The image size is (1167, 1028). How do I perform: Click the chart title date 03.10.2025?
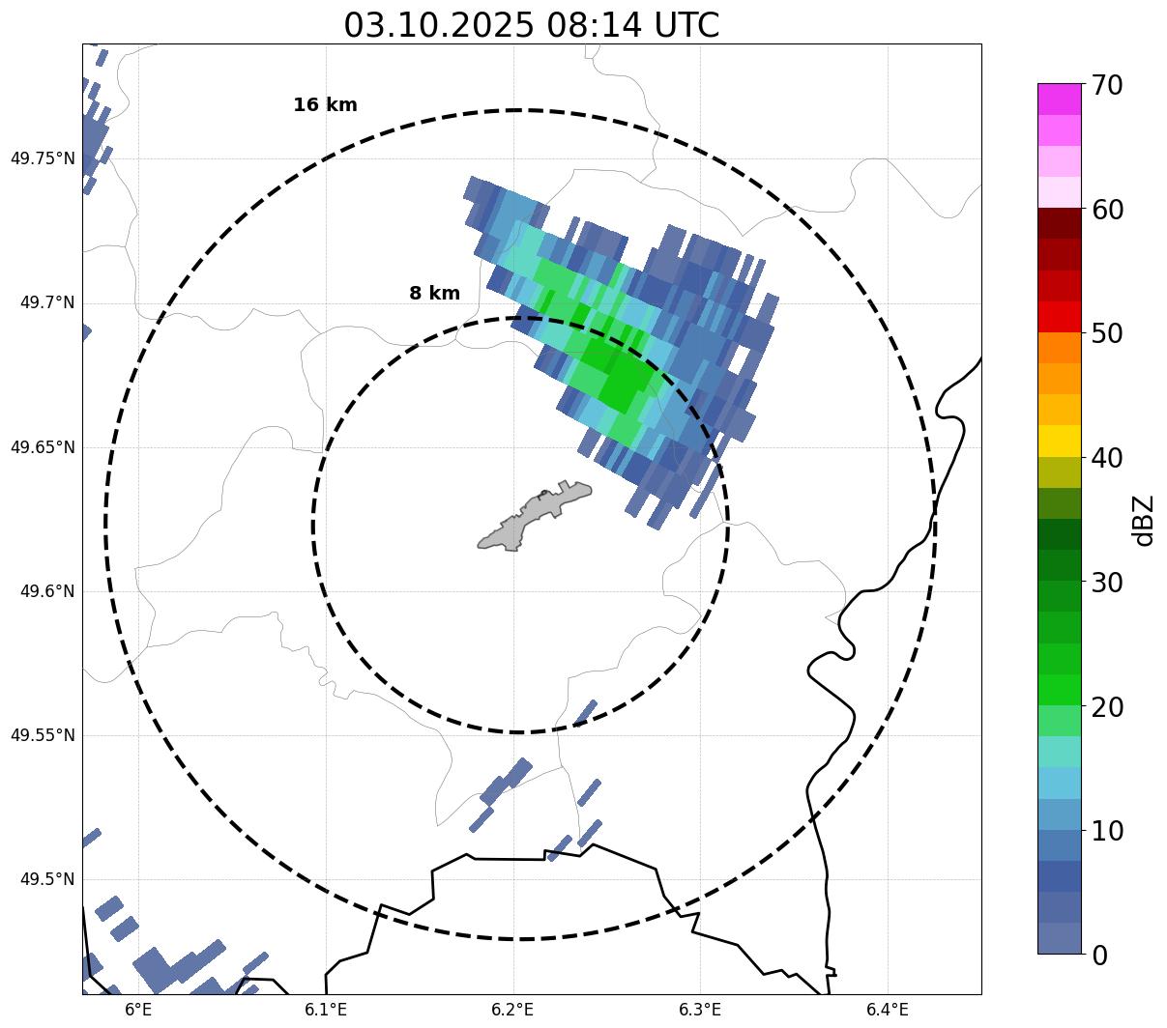pyautogui.click(x=438, y=25)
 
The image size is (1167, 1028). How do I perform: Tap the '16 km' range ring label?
pyautogui.click(x=325, y=105)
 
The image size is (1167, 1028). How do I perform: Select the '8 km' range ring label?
pyautogui.click(x=434, y=294)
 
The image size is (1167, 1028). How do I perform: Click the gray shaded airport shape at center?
pyautogui.click(x=534, y=517)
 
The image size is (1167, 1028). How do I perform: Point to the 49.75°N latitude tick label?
pyautogui.click(x=43, y=158)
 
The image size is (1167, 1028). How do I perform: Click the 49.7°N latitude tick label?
pyautogui.click(x=47, y=303)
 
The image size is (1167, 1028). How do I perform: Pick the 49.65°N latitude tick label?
pyautogui.click(x=43, y=447)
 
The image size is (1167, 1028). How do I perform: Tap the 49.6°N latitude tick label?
pyautogui.click(x=47, y=591)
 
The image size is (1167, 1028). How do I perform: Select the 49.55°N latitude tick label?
pyautogui.click(x=43, y=735)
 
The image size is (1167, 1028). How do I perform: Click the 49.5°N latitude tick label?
pyautogui.click(x=47, y=879)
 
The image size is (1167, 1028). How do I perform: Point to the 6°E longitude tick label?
pyautogui.click(x=139, y=1010)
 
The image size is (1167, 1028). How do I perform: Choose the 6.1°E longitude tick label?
pyautogui.click(x=326, y=1010)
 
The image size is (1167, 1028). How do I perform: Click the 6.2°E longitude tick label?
pyautogui.click(x=512, y=1010)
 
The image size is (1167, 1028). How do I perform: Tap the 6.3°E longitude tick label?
pyautogui.click(x=700, y=1010)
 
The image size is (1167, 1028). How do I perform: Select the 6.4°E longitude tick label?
pyautogui.click(x=887, y=1010)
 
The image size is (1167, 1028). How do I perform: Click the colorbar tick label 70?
pyautogui.click(x=1106, y=85)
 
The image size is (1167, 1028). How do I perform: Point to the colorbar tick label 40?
pyautogui.click(x=1106, y=458)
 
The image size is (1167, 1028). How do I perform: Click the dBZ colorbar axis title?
pyautogui.click(x=1144, y=520)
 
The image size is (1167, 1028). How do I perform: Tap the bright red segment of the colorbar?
pyautogui.click(x=1059, y=317)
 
